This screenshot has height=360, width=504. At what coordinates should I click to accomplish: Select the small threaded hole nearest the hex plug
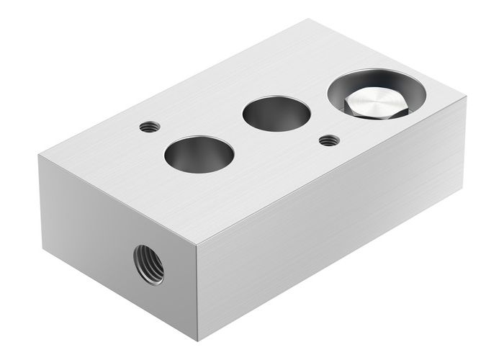[330, 140]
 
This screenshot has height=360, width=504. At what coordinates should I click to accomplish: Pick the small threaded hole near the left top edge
[149, 127]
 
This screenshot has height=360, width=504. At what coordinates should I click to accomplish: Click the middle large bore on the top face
[276, 114]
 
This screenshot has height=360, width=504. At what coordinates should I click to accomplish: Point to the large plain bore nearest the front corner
[199, 155]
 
